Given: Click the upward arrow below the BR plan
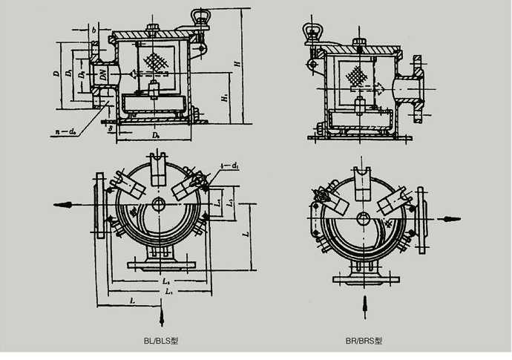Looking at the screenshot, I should [363, 304].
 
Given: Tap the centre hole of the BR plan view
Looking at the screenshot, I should [362, 217].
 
